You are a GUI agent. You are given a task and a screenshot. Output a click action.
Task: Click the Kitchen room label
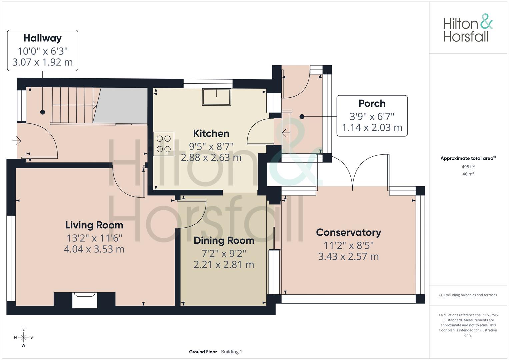[211, 133]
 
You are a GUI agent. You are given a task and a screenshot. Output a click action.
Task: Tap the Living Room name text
[94, 225]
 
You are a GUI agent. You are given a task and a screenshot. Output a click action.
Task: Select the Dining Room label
[224, 240]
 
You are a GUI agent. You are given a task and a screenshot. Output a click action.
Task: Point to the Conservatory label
[349, 232]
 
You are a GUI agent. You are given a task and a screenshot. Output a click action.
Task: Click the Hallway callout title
[42, 38]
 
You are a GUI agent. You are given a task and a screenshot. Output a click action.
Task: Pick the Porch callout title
[372, 103]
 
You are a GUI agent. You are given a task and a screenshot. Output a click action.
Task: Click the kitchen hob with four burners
[164, 144]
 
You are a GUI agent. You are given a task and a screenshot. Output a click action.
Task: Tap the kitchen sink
[217, 97]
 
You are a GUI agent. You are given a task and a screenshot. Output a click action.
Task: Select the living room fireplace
[85, 300]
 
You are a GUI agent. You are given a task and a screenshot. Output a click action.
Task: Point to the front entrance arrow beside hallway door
[17, 141]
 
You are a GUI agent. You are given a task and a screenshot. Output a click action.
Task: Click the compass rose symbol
[23, 337]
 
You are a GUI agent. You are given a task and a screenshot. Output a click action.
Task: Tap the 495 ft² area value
[468, 167]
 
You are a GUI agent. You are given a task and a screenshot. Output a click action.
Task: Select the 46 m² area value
[468, 174]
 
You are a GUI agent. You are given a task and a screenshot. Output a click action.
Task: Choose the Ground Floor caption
[203, 352]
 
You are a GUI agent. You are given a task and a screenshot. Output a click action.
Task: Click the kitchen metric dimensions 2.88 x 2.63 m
[211, 157]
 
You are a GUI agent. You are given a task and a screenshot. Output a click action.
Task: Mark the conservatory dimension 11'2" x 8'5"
[349, 245]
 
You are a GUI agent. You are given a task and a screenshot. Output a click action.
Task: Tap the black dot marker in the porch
[302, 117]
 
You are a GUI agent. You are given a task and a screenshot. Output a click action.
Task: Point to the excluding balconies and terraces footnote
[468, 295]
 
